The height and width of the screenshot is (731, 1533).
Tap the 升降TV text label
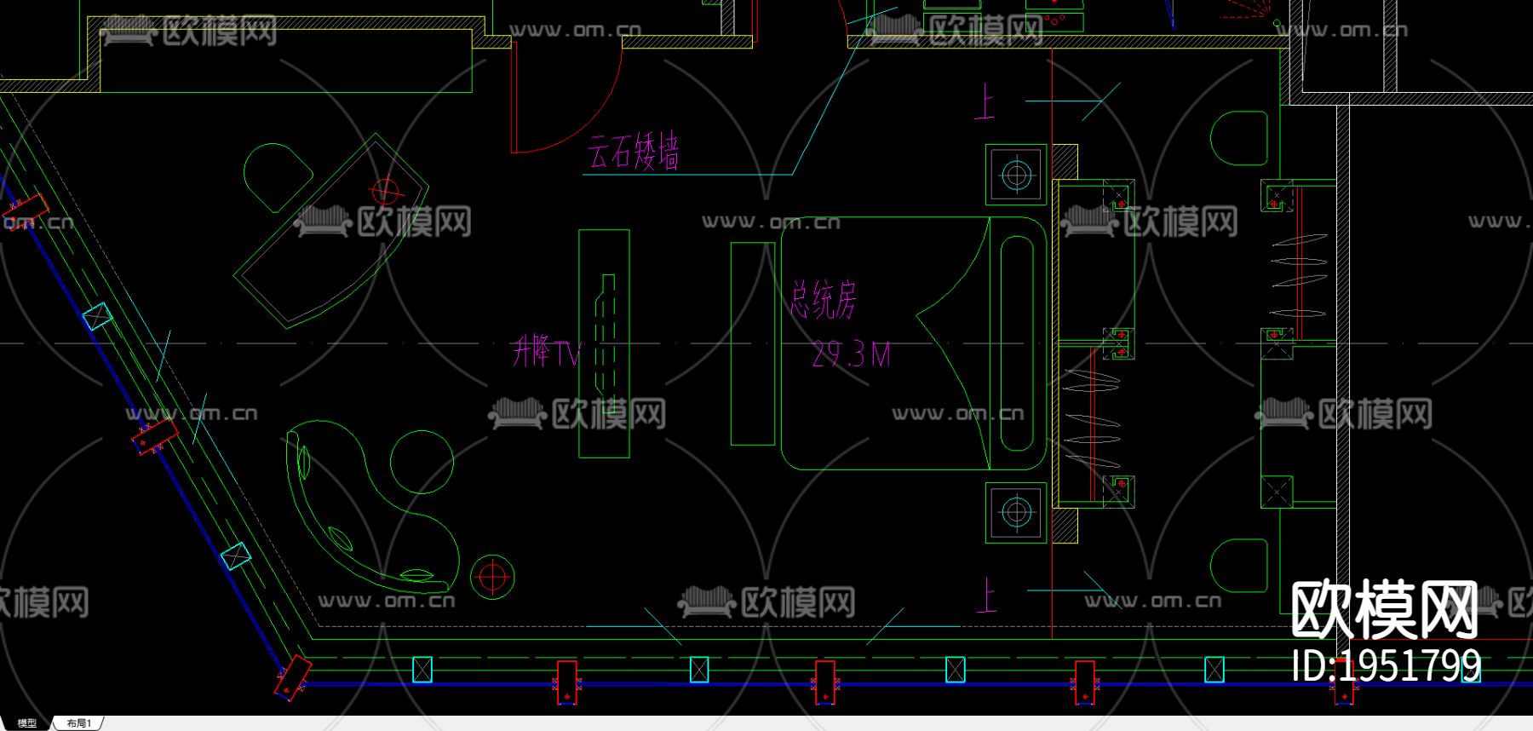pos(546,351)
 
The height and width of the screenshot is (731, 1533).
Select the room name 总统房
pos(823,300)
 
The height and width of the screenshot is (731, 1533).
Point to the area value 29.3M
pos(851,354)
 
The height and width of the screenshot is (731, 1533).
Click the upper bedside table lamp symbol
pos(1016,175)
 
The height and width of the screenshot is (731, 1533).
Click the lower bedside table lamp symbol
pos(1016,512)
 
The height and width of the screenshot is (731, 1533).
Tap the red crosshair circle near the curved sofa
pos(491,577)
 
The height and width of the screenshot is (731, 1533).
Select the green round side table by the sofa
pos(422,461)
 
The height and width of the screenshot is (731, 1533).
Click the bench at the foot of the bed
pos(753,343)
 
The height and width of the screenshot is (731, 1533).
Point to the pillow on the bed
pos(1017,342)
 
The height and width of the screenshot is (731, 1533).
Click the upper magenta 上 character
pos(985,101)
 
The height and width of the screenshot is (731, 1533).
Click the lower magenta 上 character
pos(986,595)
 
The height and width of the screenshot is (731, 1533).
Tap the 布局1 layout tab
pos(78,723)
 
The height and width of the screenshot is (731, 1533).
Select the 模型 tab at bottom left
pos(26,723)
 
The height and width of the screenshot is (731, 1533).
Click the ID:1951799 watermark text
pos(1386,666)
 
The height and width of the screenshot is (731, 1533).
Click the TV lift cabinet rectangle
pos(604,343)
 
